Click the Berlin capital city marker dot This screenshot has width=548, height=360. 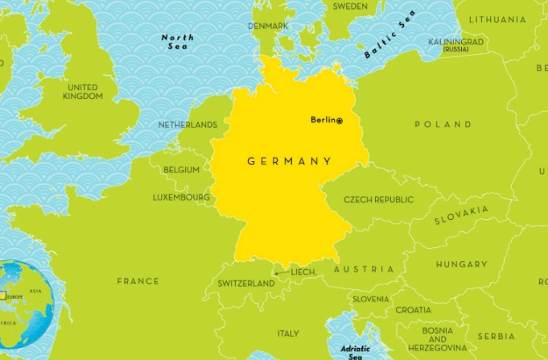(x=340, y=121)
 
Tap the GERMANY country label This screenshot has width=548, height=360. (x=289, y=161)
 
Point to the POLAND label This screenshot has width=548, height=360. (x=443, y=125)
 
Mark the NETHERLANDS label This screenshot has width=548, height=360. (x=187, y=126)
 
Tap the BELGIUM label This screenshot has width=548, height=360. (x=181, y=171)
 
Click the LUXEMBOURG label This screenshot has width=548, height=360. (x=181, y=197)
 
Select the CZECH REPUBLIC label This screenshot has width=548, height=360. (x=378, y=200)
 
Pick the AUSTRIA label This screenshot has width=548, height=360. (x=364, y=269)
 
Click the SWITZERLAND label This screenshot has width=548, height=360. (x=246, y=284)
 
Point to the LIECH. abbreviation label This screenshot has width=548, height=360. (x=303, y=273)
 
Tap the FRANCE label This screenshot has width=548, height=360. (x=138, y=282)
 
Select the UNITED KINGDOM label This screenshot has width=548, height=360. (x=83, y=92)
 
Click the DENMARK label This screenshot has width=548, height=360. (x=268, y=27)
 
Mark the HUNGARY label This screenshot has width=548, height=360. (x=461, y=264)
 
